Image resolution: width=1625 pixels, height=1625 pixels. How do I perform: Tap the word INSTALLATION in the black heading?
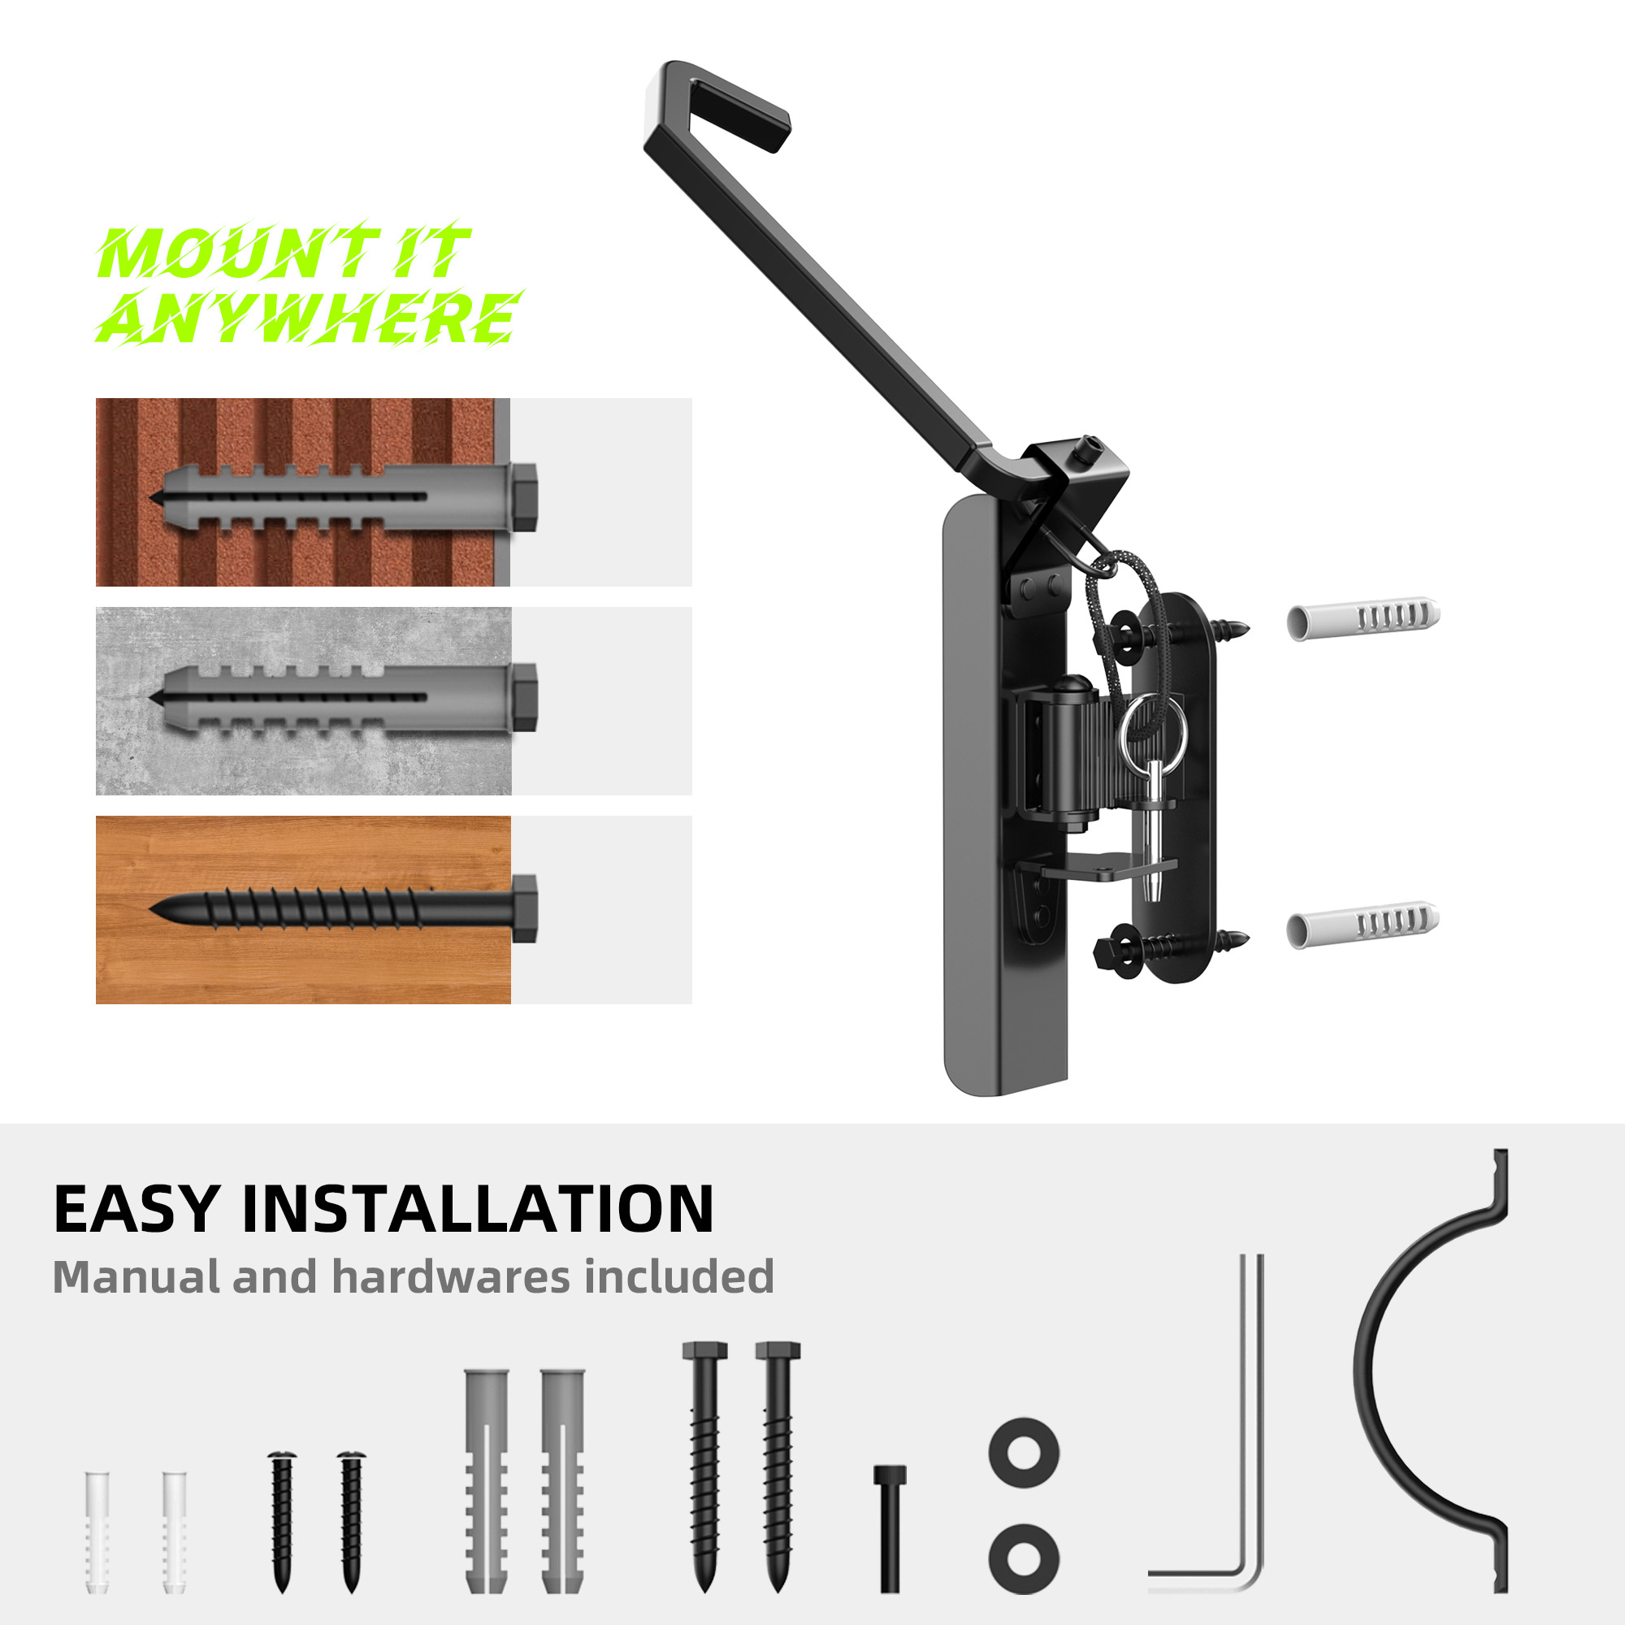(478, 1210)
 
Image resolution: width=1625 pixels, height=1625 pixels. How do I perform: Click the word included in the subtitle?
(678, 1276)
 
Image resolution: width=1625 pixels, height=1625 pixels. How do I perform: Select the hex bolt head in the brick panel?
(524, 497)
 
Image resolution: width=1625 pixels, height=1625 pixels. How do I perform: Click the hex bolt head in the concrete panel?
(524, 697)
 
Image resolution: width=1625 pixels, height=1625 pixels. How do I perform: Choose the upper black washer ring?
(1025, 1453)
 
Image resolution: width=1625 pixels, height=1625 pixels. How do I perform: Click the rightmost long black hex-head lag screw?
(778, 1467)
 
